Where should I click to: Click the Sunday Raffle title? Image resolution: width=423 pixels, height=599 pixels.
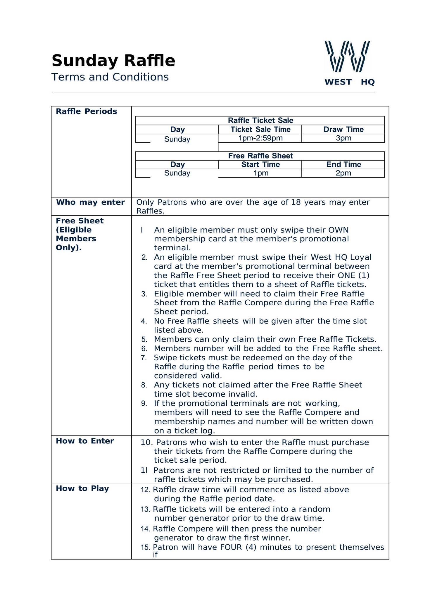pos(113,61)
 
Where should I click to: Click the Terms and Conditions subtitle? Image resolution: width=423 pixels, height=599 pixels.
pos(110,77)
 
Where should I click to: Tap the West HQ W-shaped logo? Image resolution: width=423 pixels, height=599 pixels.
pos(347,56)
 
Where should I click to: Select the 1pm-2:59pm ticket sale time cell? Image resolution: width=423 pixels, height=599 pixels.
pos(260,138)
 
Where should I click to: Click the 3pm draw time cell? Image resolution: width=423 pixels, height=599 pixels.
pos(343,138)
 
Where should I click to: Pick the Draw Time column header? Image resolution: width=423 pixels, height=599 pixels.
pos(343,129)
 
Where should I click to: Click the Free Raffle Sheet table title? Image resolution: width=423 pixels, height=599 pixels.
pos(260,156)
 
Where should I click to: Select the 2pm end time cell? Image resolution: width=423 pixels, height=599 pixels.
pos(343,173)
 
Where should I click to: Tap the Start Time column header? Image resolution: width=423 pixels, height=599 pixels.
pos(260,164)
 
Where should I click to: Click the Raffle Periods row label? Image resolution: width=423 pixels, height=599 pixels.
pos(86,111)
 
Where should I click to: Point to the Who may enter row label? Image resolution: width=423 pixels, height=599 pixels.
pos(90,202)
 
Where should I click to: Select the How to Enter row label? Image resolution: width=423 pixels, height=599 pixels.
pos(85,441)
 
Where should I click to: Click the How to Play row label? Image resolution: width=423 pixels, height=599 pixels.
pos(82,488)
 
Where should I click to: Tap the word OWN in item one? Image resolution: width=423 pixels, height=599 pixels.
pos(339,230)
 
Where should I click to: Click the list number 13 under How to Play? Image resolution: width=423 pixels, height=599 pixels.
pos(145,510)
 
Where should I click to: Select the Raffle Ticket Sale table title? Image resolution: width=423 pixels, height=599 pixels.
pos(260,121)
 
